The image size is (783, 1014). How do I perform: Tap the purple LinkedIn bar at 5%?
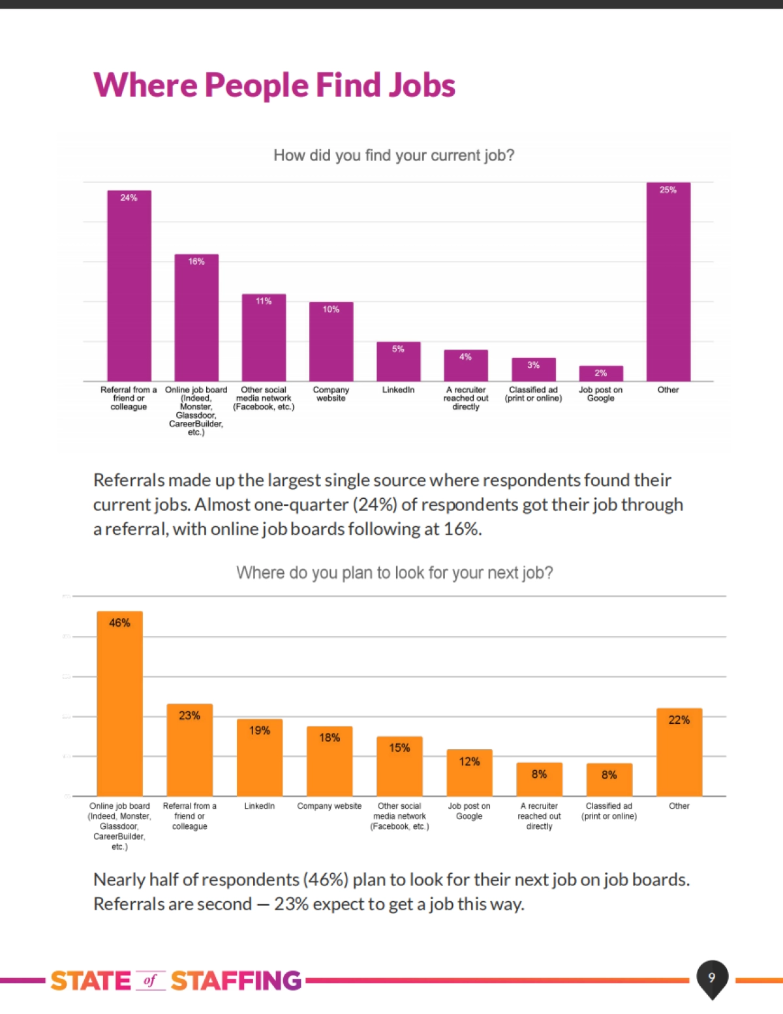click(398, 362)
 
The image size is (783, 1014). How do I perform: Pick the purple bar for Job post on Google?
click(601, 374)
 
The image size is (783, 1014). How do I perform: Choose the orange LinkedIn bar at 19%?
click(260, 757)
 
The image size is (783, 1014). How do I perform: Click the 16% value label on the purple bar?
click(196, 261)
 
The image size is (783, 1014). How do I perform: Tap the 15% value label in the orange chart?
click(399, 748)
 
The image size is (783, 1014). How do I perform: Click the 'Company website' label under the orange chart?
click(330, 806)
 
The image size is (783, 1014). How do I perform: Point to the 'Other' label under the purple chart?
click(668, 390)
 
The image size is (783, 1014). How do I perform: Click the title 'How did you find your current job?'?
click(393, 155)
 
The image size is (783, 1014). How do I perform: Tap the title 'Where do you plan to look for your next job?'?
click(394, 573)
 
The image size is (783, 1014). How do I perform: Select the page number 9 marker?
click(712, 977)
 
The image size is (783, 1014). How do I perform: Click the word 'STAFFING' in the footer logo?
click(236, 981)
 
